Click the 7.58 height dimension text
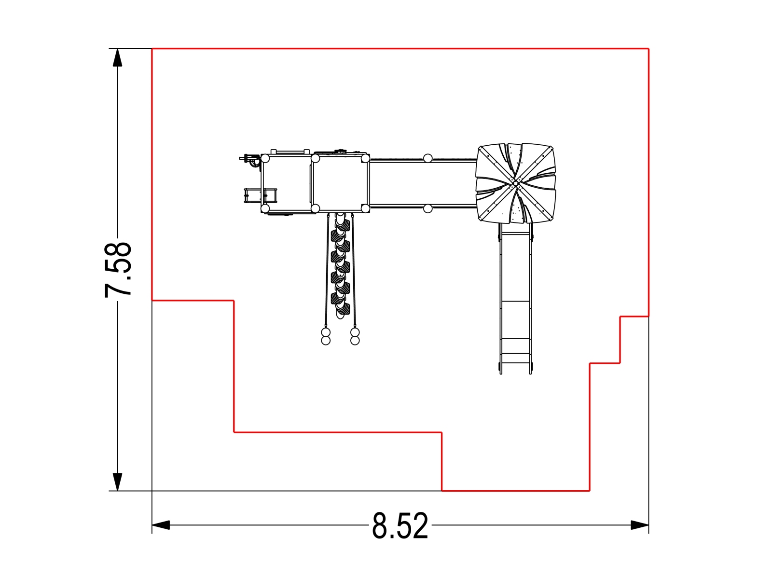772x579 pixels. (x=118, y=270)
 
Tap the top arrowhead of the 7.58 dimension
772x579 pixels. (x=117, y=57)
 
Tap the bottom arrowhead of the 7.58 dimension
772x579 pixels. (x=117, y=482)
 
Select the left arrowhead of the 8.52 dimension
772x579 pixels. (x=161, y=525)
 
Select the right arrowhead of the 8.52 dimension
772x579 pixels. (x=640, y=525)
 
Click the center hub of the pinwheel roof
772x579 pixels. (x=516, y=183)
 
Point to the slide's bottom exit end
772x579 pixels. (x=516, y=372)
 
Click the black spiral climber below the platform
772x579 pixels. (x=340, y=266)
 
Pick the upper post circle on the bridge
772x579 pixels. (x=427, y=159)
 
